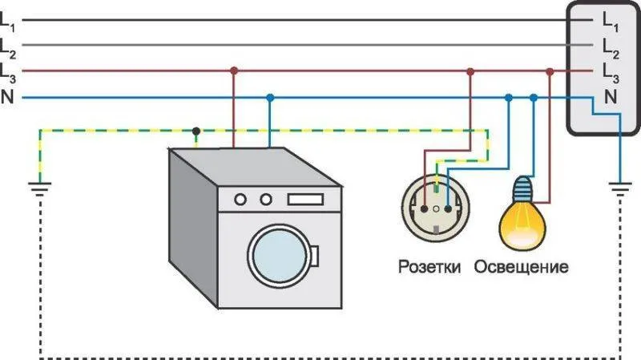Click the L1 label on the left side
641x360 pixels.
[7, 22]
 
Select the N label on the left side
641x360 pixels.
[7, 96]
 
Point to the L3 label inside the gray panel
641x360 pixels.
[611, 74]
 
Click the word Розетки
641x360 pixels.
[429, 267]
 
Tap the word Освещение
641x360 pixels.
[522, 267]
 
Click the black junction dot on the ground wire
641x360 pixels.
[196, 131]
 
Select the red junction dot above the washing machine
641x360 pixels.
[234, 71]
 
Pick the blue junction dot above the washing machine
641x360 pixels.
[270, 98]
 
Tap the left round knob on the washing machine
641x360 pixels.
[240, 200]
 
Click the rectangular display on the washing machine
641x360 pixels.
[305, 199]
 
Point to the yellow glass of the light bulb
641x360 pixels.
[522, 224]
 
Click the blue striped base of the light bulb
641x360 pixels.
[523, 187]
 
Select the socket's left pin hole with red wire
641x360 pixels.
[425, 209]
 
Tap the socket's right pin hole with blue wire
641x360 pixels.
[448, 209]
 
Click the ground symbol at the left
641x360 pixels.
[39, 189]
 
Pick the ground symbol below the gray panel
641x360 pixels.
[620, 189]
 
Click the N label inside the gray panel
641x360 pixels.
[611, 97]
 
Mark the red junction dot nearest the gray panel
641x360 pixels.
[550, 72]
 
